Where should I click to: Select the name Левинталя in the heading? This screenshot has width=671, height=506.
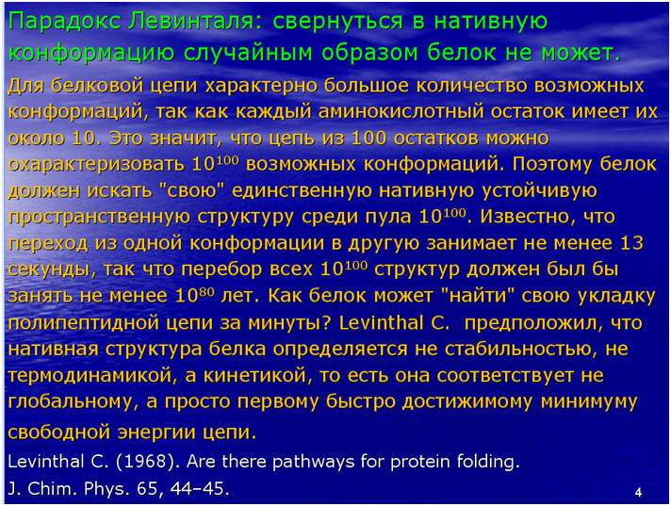(x=196, y=22)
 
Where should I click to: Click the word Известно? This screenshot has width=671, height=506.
(x=528, y=217)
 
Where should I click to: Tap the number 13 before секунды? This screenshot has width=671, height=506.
(x=631, y=243)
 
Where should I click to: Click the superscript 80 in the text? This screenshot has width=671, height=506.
(x=206, y=292)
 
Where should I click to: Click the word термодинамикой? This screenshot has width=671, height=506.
(x=90, y=376)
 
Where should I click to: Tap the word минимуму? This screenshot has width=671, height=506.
(x=590, y=401)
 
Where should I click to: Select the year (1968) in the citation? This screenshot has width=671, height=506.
(x=145, y=462)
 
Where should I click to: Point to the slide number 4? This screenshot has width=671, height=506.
(x=638, y=492)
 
